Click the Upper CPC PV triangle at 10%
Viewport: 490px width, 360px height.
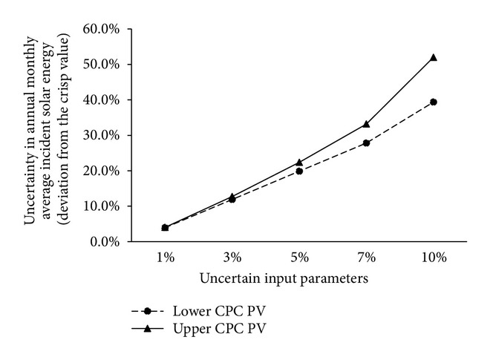tap(434, 57)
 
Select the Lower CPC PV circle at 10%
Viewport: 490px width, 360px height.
tap(434, 102)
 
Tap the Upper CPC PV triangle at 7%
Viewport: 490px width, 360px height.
tap(366, 124)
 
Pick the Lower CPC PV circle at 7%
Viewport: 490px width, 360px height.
tap(366, 143)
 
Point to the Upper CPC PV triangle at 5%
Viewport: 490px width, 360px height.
tap(299, 162)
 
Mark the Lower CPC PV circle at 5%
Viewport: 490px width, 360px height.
tap(299, 171)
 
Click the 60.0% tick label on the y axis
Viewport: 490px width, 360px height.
tap(105, 29)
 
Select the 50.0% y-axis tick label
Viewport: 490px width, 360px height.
tap(105, 65)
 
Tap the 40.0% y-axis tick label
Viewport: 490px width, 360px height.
tap(105, 99)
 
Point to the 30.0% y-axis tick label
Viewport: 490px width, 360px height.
tap(105, 135)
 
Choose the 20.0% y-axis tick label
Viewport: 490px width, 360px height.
tap(105, 171)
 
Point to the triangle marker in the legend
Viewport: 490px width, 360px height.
tap(148, 328)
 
